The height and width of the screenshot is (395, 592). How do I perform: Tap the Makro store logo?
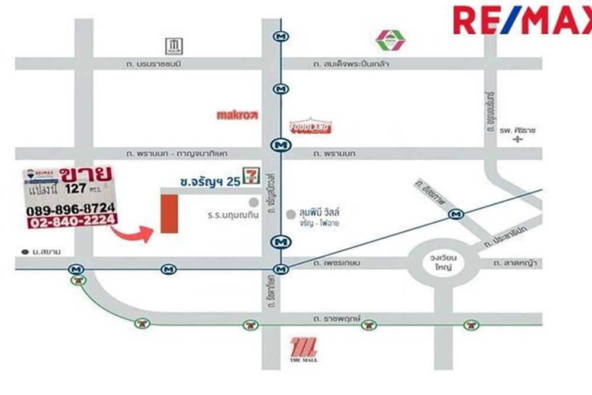pos(237,115)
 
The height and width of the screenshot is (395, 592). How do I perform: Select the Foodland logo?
pos(311,126)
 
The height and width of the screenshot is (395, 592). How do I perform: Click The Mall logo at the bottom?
pos(304,348)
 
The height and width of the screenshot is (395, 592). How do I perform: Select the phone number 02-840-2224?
pos(71,222)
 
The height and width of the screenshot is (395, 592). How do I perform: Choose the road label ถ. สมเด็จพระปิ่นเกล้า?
pos(351,63)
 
